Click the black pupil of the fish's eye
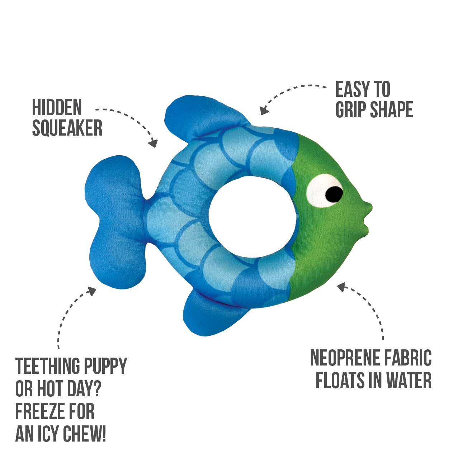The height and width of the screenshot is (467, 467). click(334, 194)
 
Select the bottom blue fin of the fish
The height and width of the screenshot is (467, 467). click(213, 313)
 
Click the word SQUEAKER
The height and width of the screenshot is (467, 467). click(67, 128)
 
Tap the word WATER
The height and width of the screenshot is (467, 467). click(409, 380)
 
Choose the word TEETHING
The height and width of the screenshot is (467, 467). click(48, 366)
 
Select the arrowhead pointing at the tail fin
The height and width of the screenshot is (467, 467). click(91, 291)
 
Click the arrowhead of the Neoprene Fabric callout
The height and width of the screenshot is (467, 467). click(342, 287)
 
